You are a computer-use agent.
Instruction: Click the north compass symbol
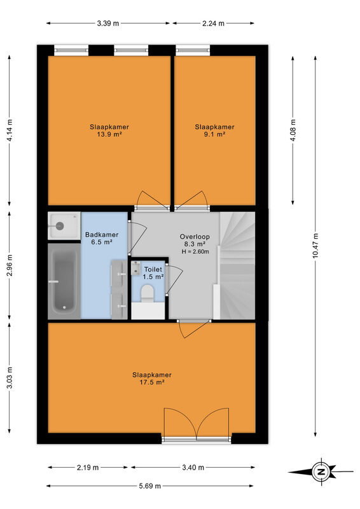pos(321,471)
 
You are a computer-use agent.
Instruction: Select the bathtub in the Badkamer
pos(64,281)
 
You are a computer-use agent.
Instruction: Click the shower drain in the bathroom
pos(60,226)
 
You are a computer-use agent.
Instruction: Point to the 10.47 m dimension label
pos(315,246)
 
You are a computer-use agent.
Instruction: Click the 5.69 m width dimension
pos(150,486)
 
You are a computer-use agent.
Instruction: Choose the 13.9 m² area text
pos(109,134)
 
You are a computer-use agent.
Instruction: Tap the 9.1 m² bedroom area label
pos(214,134)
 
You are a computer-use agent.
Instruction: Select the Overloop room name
pos(195,237)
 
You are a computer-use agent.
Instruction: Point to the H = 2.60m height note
pos(195,251)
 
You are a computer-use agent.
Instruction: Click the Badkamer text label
pos(102,234)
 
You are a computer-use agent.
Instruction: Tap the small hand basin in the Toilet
pos(135,268)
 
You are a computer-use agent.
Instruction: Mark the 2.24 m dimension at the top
pos(213,24)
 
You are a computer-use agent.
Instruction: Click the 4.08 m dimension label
pos(293,130)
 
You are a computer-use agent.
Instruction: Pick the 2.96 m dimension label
pos(10,265)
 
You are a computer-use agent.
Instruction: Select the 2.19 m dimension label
pos(88,468)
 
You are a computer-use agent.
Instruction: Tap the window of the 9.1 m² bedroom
pos(193,50)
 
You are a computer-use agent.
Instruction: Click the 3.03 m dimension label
pos(10,377)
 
